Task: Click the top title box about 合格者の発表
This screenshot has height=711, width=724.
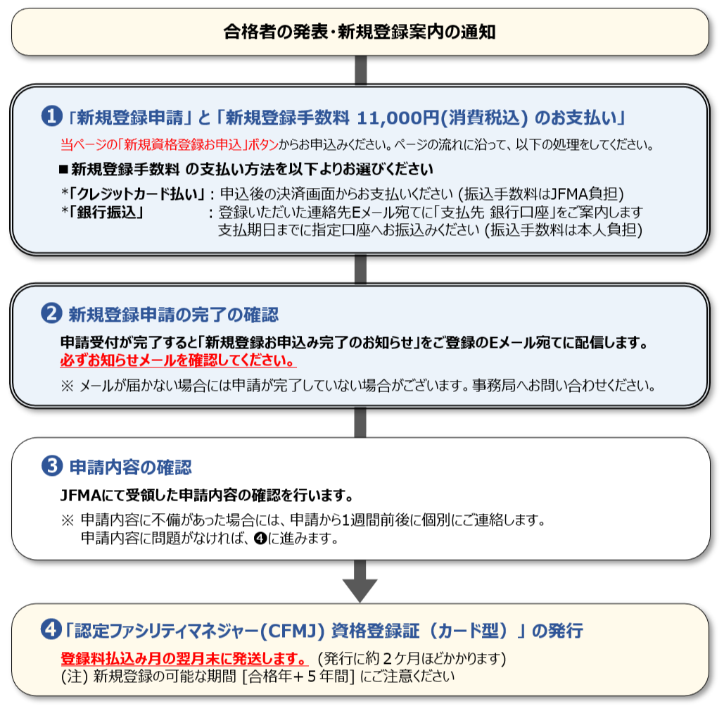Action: click(x=360, y=32)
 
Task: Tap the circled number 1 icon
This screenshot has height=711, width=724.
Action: click(x=52, y=116)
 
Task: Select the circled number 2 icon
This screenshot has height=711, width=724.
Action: click(x=52, y=313)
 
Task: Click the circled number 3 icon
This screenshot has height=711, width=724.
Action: click(x=52, y=466)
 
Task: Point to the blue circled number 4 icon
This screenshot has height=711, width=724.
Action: click(x=51, y=629)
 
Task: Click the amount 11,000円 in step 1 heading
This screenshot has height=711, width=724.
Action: click(x=398, y=118)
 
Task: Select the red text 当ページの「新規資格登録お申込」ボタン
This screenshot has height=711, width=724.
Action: click(x=170, y=145)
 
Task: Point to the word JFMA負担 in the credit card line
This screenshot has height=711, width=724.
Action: click(x=584, y=194)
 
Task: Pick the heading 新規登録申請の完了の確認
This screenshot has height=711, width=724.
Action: click(x=174, y=314)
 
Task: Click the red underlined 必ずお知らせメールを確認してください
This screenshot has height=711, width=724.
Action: click(x=178, y=360)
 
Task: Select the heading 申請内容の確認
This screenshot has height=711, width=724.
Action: click(x=131, y=467)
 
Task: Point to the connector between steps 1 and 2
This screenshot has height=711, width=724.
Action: click(x=361, y=269)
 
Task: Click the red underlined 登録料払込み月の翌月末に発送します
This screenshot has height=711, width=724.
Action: click(x=184, y=658)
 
